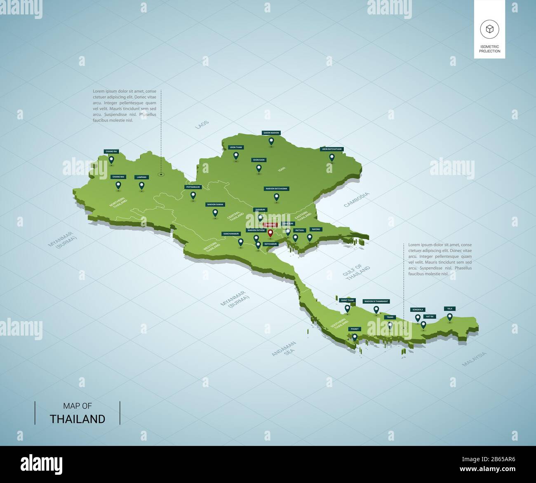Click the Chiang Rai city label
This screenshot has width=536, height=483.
pos(111,152)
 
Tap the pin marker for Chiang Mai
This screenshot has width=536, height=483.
pos(118,186)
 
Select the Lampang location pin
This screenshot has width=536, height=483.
pos(142,186)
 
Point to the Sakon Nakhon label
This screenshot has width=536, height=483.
pos(271,133)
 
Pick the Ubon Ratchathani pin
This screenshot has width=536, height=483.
pos(331,157)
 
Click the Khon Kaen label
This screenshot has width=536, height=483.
pos(259,160)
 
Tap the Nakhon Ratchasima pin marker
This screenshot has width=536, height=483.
pos(277,197)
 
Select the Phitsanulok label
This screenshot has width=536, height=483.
pos(193,187)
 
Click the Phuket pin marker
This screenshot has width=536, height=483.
pos(355,337)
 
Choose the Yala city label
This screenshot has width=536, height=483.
pos(449,308)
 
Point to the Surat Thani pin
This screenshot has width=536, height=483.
pos(348,308)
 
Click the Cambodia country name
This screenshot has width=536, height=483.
pos(357,200)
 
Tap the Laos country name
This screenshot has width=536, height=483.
pos(202,125)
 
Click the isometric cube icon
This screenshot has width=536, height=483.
pos(489,29)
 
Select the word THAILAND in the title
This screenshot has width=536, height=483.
pos(78,419)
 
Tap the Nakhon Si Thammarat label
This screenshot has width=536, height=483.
pos(376,301)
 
